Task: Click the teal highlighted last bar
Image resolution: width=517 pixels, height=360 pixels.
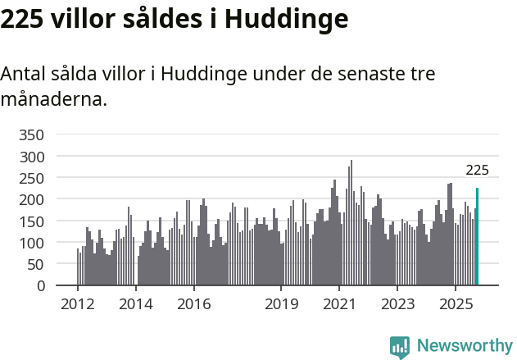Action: [477, 237]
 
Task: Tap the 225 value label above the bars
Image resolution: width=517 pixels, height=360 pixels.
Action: [477, 171]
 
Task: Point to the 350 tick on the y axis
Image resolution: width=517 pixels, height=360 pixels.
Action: [33, 134]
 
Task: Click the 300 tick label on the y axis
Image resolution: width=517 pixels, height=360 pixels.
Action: [33, 156]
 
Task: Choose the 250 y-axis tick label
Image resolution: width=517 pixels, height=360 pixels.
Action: [33, 178]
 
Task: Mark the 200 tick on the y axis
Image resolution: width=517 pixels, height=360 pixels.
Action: [33, 199]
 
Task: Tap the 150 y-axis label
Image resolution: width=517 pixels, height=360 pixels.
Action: [33, 221]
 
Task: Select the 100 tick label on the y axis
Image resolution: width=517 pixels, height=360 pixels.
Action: [33, 243]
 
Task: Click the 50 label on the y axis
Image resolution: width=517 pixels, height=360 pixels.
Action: [37, 264]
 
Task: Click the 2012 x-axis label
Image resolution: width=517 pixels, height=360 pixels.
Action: [78, 305]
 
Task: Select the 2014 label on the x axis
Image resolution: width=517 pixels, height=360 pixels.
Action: [136, 305]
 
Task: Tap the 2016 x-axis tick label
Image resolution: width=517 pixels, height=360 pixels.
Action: [193, 305]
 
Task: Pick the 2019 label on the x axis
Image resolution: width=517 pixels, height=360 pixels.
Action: [281, 305]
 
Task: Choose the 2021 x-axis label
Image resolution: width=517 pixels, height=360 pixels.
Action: [339, 305]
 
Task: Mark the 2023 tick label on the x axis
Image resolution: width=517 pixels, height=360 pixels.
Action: [397, 305]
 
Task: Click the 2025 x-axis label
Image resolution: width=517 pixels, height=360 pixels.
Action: [456, 305]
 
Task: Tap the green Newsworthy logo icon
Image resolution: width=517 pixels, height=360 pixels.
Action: [399, 347]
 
